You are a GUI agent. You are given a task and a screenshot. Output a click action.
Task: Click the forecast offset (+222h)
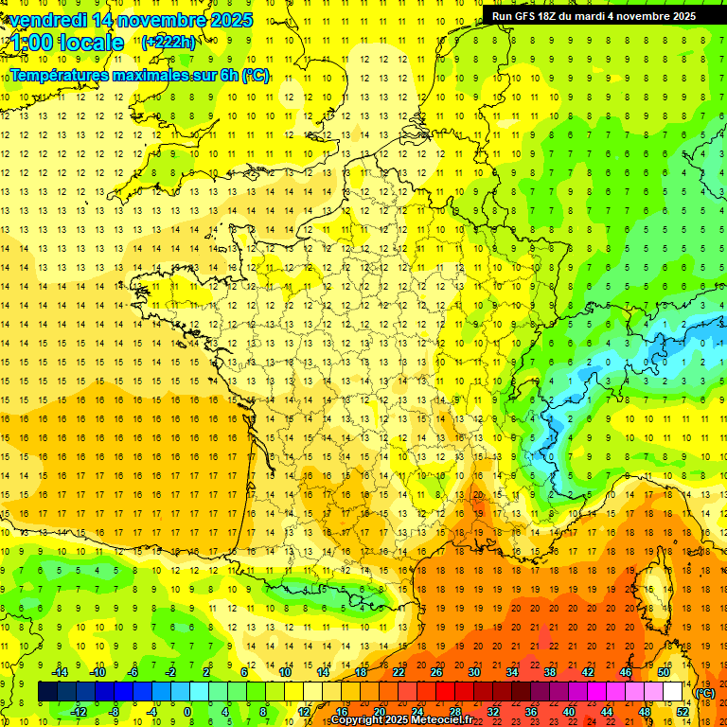[x=168, y=42]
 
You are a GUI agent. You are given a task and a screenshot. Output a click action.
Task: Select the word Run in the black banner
[x=502, y=16]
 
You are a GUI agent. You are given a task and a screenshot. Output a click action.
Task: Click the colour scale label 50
[x=663, y=672]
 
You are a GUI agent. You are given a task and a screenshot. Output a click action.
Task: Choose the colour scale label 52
[x=682, y=712]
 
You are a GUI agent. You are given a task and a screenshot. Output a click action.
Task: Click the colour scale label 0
[x=188, y=712]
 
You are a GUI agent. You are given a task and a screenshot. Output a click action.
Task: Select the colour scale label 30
[x=473, y=672]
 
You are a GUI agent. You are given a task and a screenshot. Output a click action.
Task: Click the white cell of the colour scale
[x=673, y=692]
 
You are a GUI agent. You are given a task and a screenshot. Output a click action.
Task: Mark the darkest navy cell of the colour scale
[x=47, y=692]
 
